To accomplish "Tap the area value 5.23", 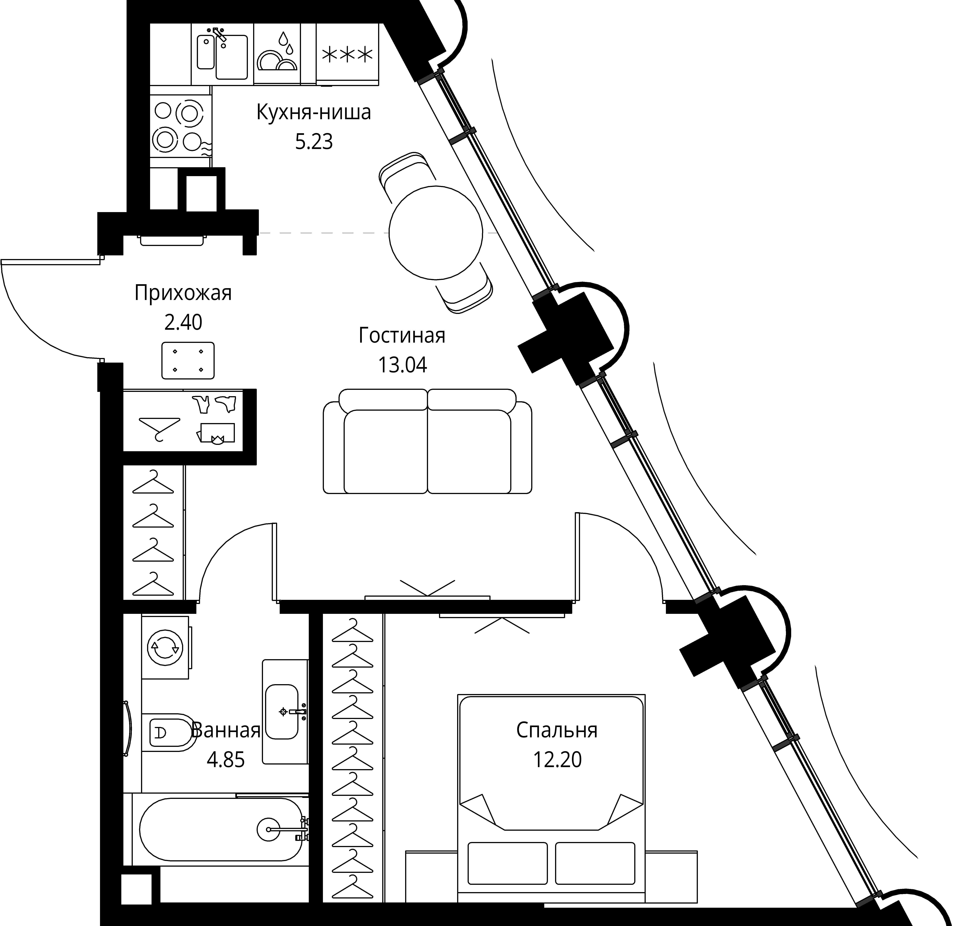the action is tap(314, 142).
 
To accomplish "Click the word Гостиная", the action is tap(402, 336).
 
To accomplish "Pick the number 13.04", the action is tap(403, 365).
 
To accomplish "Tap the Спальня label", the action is tap(557, 731).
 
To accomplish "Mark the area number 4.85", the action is tap(225, 760).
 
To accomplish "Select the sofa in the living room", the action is tap(427, 441).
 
